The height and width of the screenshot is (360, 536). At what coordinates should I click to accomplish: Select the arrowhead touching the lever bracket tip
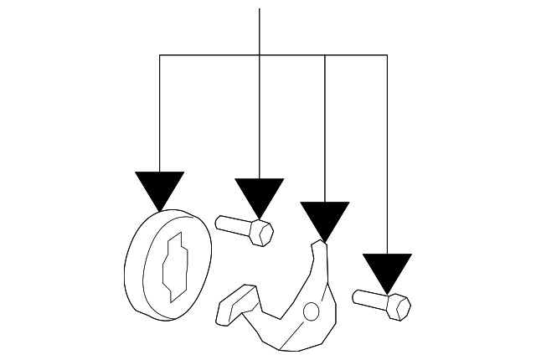click(x=324, y=219)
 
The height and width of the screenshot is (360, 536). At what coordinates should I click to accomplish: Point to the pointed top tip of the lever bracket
click(x=317, y=245)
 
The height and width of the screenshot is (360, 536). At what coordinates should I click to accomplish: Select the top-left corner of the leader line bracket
click(x=159, y=55)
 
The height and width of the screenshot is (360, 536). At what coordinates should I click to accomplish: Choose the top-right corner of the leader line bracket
click(x=387, y=55)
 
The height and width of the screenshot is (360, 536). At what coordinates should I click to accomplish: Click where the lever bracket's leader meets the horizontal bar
click(x=324, y=55)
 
